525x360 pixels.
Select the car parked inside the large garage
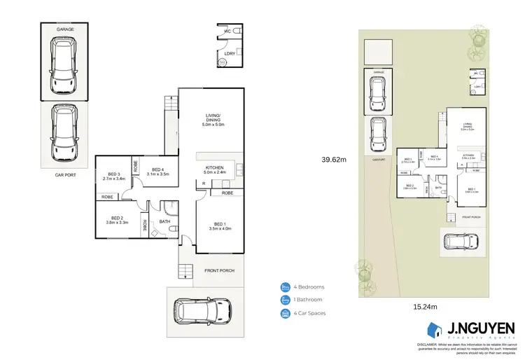(64, 66)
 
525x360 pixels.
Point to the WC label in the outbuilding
(227, 32)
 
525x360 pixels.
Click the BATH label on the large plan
(164, 222)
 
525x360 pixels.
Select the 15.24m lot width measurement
(421, 306)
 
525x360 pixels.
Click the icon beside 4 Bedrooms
(285, 287)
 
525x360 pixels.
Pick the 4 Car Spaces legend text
(311, 313)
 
